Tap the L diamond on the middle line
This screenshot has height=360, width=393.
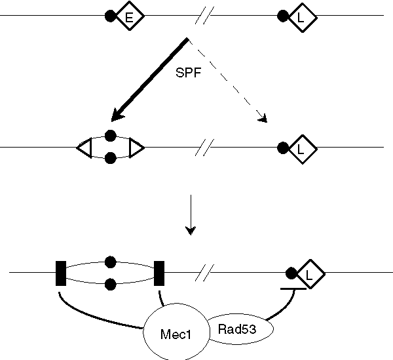pos(301,148)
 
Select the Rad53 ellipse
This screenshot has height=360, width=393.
pos(238,327)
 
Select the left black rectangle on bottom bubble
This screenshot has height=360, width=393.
pos(61,273)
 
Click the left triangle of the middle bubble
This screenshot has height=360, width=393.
pos(84,148)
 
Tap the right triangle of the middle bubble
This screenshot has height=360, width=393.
pos(136,148)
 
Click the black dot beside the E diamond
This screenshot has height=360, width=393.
pos(111,16)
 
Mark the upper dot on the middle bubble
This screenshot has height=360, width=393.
pos(111,136)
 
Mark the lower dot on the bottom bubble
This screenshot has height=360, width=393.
pos(111,284)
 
